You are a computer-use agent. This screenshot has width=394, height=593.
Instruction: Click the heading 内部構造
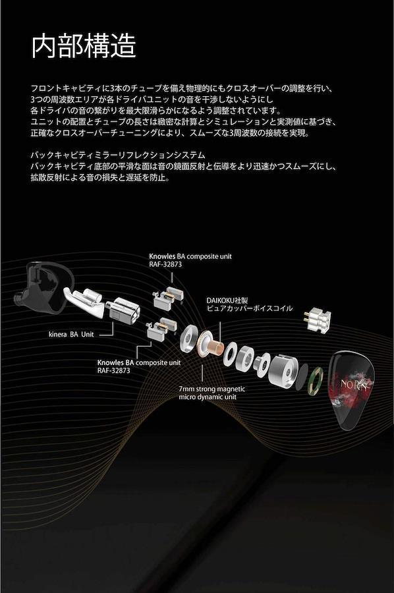tap(83, 46)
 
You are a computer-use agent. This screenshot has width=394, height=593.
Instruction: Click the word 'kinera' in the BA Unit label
tap(58, 334)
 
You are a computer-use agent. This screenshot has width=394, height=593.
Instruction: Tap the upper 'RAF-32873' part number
tap(165, 264)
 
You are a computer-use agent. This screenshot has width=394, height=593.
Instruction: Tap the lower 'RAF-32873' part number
tap(113, 370)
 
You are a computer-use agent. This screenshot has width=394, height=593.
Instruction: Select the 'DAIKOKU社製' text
tap(227, 300)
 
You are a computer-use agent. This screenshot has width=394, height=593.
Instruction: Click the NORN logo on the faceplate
tap(354, 385)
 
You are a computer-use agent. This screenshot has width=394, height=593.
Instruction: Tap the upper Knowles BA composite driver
tap(168, 297)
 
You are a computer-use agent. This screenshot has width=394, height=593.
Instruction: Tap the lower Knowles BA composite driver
tap(162, 328)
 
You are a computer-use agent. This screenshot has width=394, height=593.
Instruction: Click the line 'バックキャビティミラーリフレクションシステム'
tap(118, 155)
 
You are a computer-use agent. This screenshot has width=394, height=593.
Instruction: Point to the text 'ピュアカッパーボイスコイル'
tap(250, 308)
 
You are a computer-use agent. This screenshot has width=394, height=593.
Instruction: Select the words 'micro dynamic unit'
tap(208, 397)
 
